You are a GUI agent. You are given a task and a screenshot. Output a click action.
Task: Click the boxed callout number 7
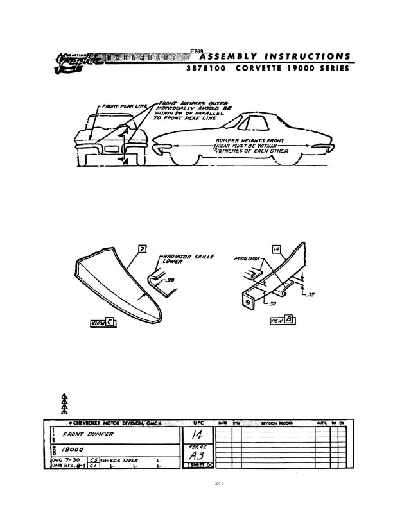click(143, 249)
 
